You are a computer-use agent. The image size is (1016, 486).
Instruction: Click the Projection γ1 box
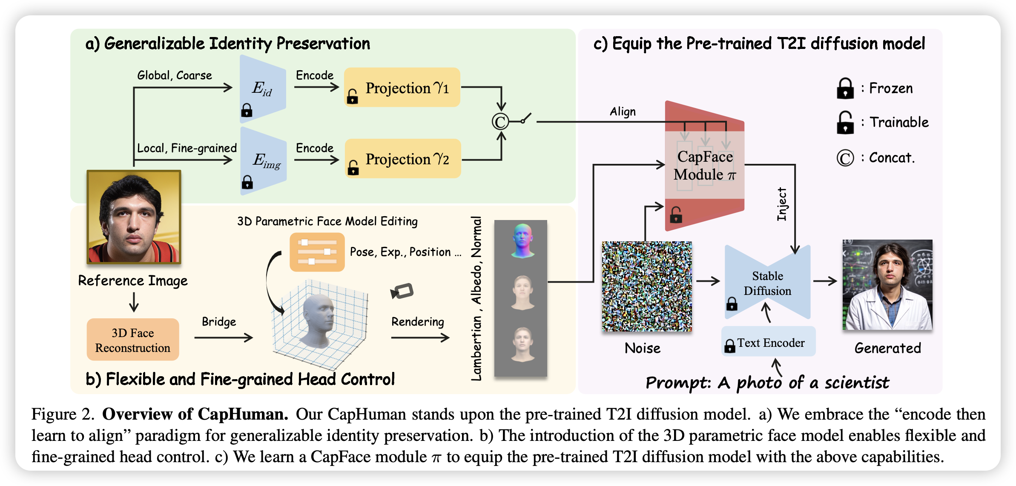click(402, 87)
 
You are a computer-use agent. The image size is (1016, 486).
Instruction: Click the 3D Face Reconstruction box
click(133, 340)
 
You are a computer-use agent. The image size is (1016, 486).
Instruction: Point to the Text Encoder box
click(768, 342)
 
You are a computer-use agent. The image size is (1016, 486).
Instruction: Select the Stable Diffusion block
click(767, 283)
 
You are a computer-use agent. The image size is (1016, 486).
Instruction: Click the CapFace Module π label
click(705, 166)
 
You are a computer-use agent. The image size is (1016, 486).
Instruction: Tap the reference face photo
click(134, 217)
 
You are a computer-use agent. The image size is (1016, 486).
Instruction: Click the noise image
click(647, 286)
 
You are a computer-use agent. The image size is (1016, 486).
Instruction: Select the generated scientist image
click(887, 285)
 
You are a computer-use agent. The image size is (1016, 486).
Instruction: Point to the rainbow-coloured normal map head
click(523, 240)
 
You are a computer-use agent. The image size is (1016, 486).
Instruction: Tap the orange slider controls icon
click(317, 252)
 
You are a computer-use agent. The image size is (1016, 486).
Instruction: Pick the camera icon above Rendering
click(402, 291)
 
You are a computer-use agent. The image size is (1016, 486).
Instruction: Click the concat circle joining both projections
click(500, 122)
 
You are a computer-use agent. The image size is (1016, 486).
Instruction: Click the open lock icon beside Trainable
click(845, 123)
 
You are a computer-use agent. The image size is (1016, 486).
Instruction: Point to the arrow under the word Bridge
click(224, 337)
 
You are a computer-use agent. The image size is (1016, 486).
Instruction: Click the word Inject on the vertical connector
click(782, 204)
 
